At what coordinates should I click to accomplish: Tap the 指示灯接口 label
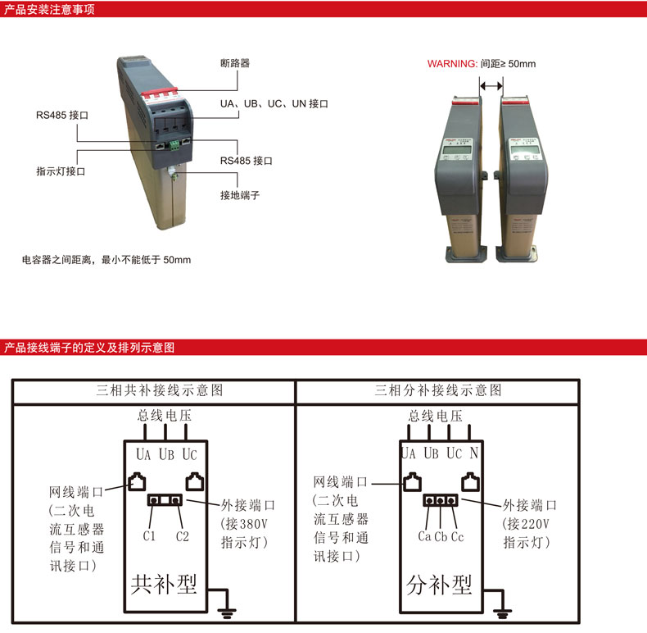[61, 172]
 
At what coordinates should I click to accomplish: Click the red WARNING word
[452, 64]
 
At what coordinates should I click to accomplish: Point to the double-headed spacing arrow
[491, 84]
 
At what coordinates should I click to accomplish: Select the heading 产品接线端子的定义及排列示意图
[89, 347]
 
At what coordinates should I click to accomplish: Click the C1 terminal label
[149, 537]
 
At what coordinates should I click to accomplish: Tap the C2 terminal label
[183, 537]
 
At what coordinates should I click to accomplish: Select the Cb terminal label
[441, 537]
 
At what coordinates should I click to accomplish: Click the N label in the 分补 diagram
[473, 453]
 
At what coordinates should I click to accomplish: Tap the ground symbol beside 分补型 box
[505, 610]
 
